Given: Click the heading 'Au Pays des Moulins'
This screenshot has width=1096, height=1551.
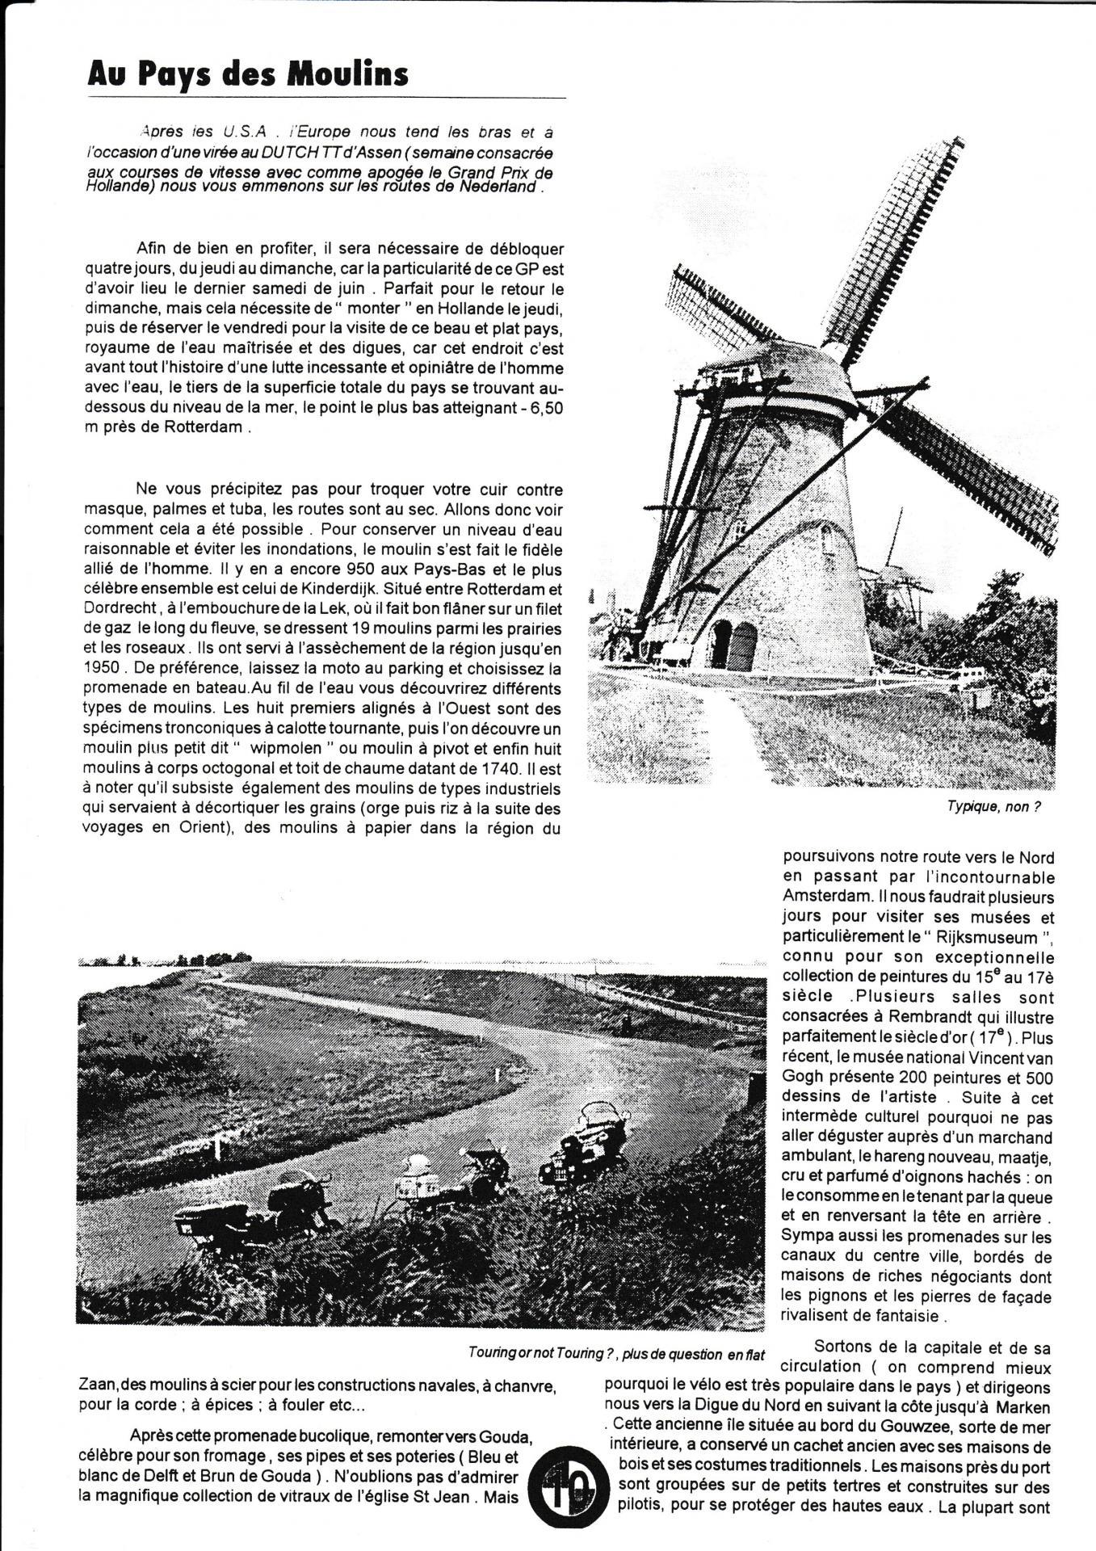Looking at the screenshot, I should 247,75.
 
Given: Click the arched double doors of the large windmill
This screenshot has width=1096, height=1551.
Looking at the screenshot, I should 733,645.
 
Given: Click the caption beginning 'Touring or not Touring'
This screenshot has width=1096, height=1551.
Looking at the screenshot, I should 615,1353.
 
